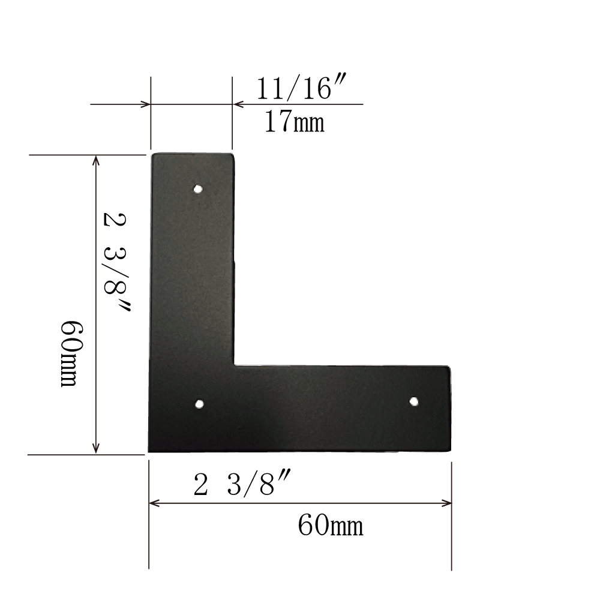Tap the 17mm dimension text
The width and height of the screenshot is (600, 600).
[x=294, y=121]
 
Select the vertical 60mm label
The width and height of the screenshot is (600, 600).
[x=72, y=354]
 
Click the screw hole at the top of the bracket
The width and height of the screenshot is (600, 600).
[x=198, y=189]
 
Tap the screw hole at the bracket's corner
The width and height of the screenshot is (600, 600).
[x=199, y=404]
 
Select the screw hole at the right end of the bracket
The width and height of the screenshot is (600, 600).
[x=413, y=401]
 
